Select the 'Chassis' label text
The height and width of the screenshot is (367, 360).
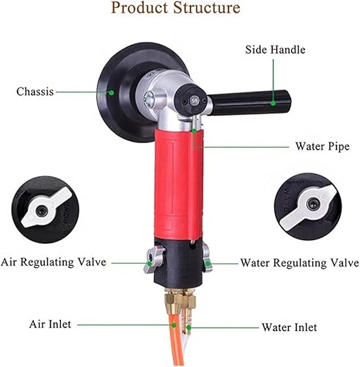(x=34, y=92)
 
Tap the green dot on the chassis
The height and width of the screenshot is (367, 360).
(x=111, y=92)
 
